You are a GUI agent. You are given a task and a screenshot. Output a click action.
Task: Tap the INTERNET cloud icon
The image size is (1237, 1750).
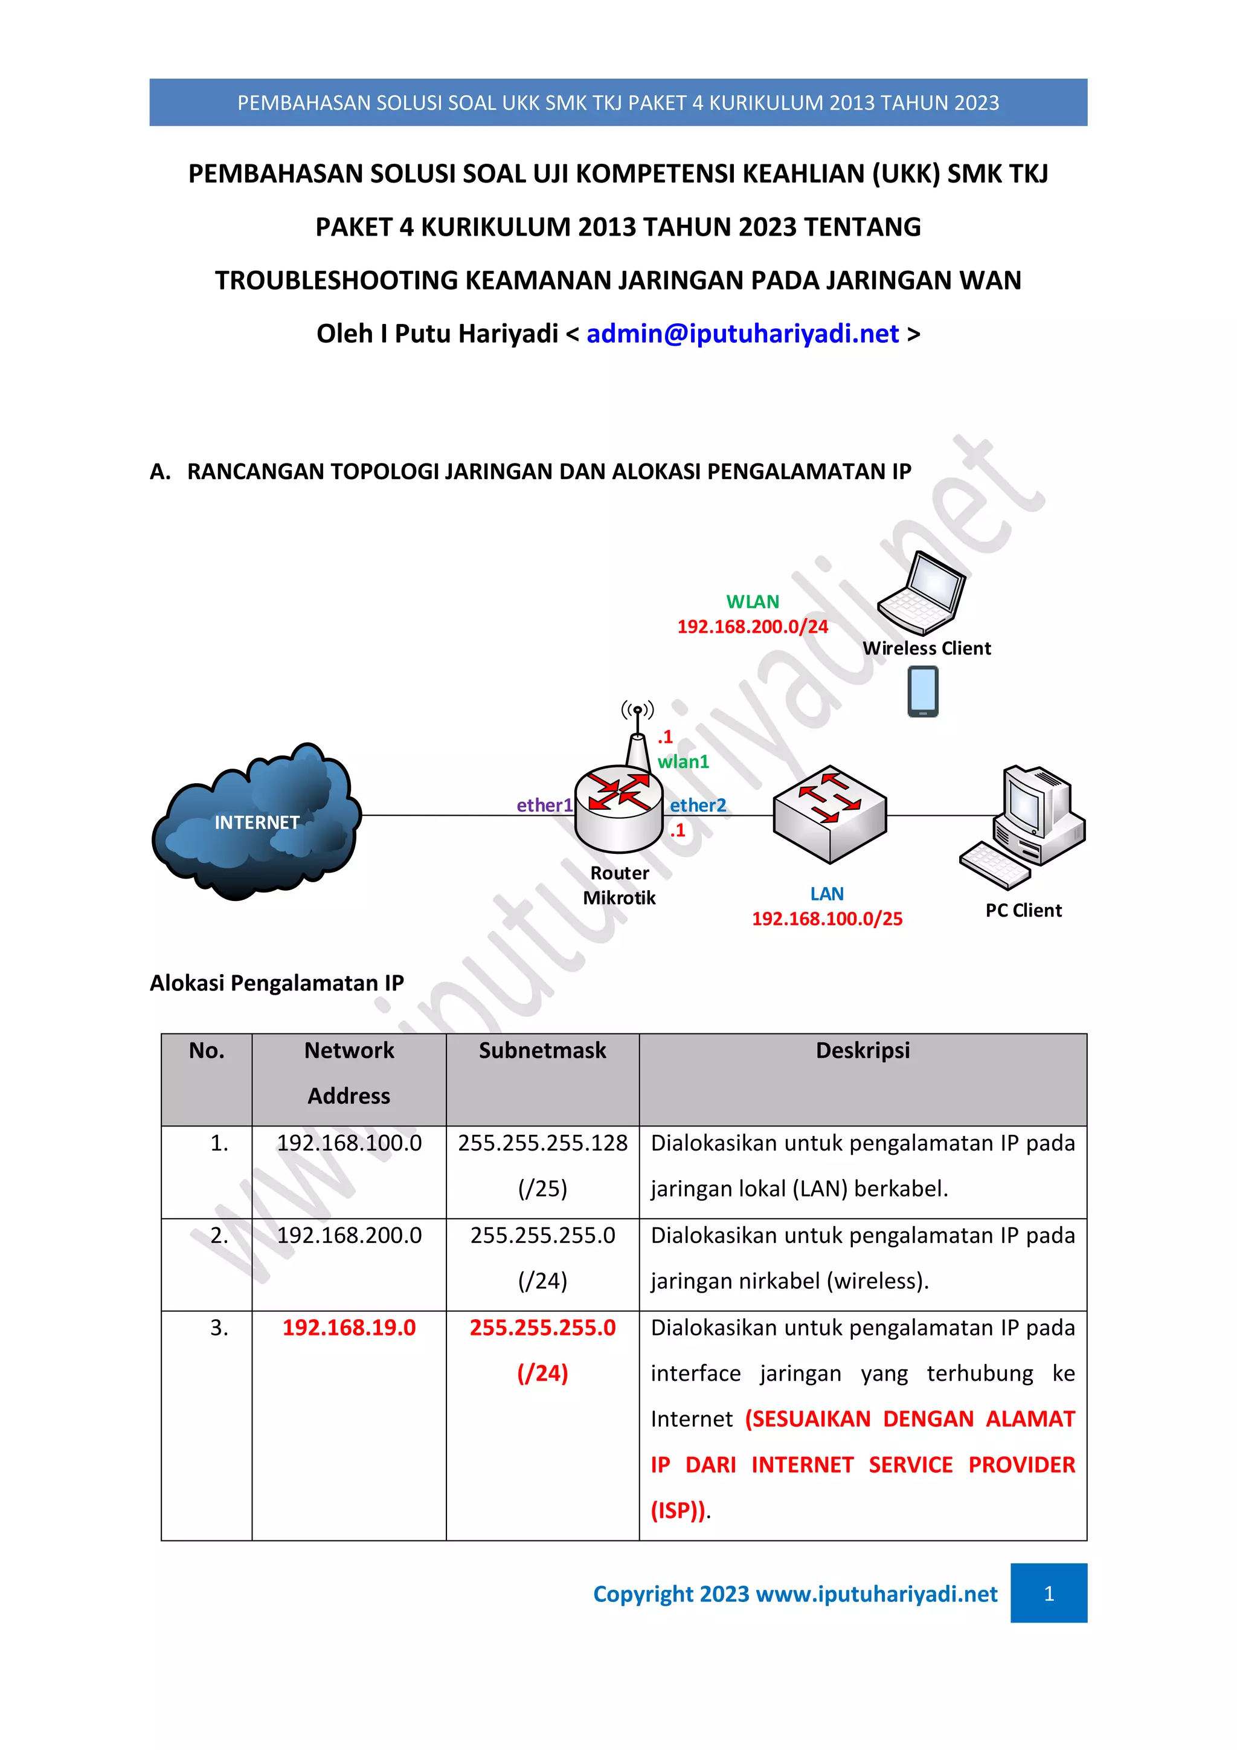click(256, 822)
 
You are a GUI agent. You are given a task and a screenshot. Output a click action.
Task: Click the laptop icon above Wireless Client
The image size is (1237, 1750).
click(922, 593)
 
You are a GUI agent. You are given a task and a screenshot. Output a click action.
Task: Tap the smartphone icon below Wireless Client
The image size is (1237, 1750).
click(922, 691)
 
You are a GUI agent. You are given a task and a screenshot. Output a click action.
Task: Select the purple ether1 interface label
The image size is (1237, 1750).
click(544, 805)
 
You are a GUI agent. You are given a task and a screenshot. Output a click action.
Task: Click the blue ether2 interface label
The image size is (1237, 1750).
click(698, 805)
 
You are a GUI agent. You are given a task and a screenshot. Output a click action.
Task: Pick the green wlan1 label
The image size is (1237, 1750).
click(683, 761)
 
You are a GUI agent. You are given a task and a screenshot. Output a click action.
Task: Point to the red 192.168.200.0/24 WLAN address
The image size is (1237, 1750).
click(752, 627)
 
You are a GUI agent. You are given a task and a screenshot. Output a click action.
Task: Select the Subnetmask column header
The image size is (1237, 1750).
click(542, 1050)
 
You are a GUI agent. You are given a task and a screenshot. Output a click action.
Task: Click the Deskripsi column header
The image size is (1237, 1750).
click(863, 1050)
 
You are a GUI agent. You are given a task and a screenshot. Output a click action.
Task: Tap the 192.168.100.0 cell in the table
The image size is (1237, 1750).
click(349, 1143)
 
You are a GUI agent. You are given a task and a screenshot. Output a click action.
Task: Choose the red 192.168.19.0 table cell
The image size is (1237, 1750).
click(349, 1327)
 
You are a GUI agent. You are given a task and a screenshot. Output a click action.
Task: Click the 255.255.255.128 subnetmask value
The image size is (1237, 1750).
click(542, 1143)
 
